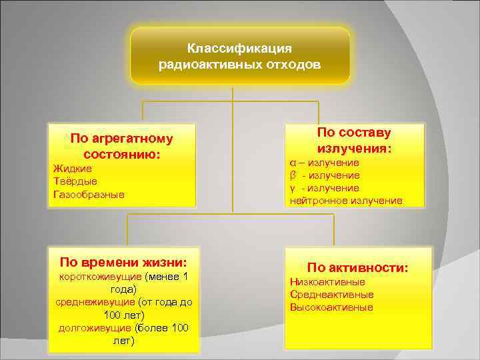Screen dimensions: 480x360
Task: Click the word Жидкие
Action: pyautogui.click(x=72, y=168)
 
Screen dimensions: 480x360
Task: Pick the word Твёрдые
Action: pyautogui.click(x=75, y=181)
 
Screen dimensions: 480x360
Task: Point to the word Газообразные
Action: pyautogui.click(x=89, y=194)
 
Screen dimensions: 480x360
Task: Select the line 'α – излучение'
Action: pyautogui.click(x=325, y=163)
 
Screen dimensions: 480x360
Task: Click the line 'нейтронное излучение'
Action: pyautogui.click(x=346, y=201)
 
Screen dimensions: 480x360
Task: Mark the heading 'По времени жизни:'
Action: pyautogui.click(x=123, y=261)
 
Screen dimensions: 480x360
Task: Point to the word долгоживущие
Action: pyautogui.click(x=95, y=328)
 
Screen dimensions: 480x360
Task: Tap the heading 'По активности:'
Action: pyautogui.click(x=358, y=268)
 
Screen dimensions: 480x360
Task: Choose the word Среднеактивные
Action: pyautogui.click(x=331, y=295)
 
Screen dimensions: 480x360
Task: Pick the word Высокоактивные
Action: pyautogui.click(x=331, y=307)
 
